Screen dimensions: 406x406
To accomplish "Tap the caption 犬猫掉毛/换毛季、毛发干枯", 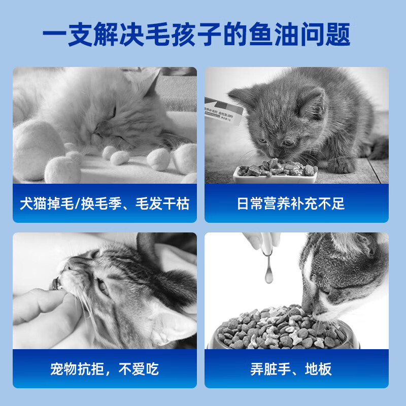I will pos(105,204).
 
